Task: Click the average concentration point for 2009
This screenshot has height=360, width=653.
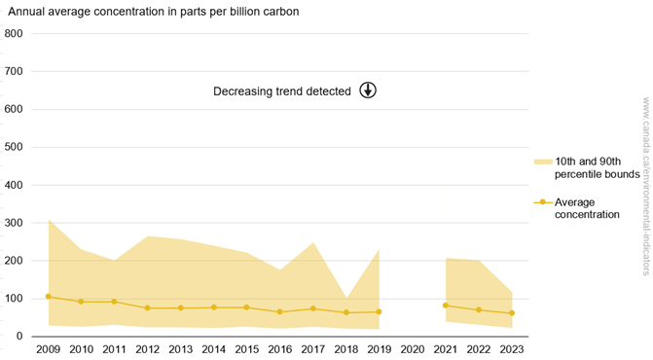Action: (x=48, y=297)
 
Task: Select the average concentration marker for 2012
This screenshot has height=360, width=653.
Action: (x=147, y=308)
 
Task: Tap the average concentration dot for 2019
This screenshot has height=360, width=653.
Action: (x=379, y=312)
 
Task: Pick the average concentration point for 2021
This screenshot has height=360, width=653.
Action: (x=446, y=306)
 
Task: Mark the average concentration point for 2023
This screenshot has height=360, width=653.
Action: (x=512, y=313)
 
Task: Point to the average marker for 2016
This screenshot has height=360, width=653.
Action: (x=280, y=312)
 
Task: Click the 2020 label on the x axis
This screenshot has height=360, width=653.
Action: (x=413, y=348)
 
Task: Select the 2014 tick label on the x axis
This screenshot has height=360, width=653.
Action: (x=214, y=348)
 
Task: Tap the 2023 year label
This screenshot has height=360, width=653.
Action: (x=512, y=348)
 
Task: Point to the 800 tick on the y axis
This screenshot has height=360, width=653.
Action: (x=14, y=34)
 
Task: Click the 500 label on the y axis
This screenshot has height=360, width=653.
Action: (x=14, y=147)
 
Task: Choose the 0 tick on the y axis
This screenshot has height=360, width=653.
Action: (x=19, y=336)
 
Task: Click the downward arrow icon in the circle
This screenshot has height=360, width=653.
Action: (x=368, y=90)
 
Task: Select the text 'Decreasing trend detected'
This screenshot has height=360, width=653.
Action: (x=282, y=91)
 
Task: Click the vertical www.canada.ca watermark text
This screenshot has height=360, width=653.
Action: (x=644, y=185)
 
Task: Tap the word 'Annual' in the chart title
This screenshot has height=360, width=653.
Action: (x=27, y=12)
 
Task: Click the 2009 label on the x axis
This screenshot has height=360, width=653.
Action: (x=48, y=348)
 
